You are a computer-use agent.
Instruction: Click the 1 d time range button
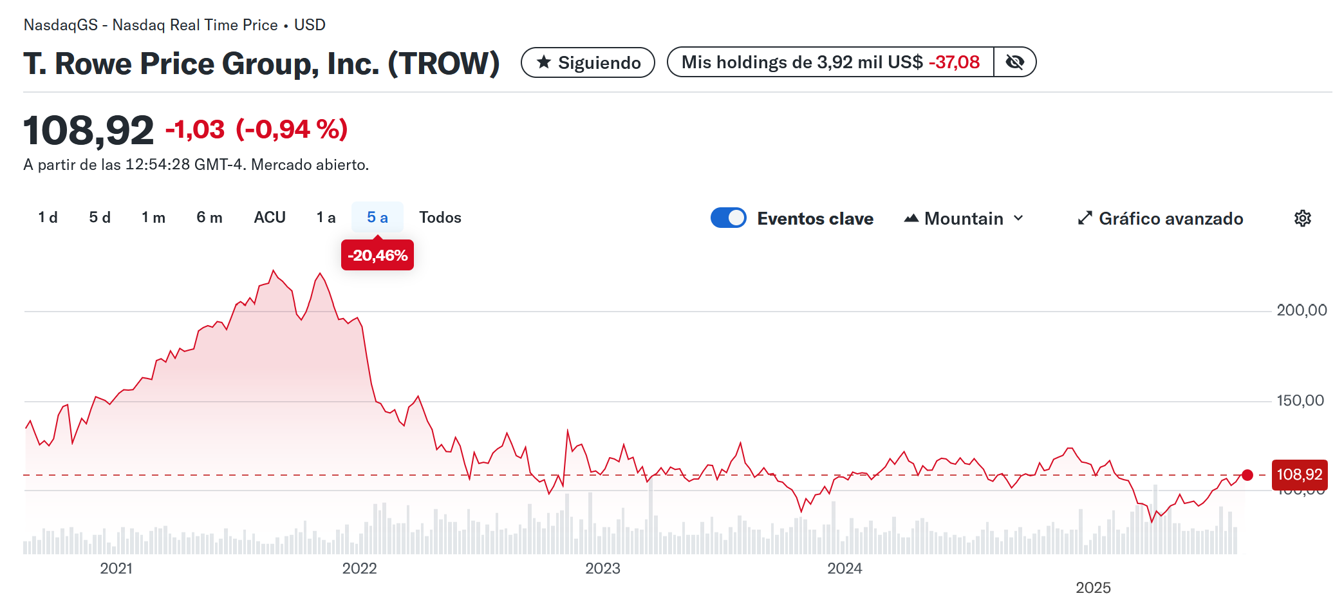coord(48,218)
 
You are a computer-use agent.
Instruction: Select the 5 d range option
coord(100,218)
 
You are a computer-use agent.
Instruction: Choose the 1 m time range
coord(153,218)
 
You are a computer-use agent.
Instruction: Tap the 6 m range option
coord(209,218)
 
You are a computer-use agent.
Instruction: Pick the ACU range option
coord(270,218)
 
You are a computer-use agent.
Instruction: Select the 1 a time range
coord(326,218)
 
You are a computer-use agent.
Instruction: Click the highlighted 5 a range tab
coord(377,218)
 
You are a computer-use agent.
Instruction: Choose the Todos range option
coord(440,218)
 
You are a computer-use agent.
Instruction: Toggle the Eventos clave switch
coord(728,218)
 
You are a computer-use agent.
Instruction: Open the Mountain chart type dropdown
coord(964,219)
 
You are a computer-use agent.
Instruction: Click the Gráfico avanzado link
coord(1161,219)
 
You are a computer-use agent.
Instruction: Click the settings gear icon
coord(1302,219)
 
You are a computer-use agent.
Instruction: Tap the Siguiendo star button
coord(588,62)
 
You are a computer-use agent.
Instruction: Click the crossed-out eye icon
coord(1014,62)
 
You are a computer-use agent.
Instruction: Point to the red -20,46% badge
coord(377,256)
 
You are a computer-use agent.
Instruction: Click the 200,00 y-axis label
coord(1302,310)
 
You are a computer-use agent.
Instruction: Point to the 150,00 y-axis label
coord(1300,400)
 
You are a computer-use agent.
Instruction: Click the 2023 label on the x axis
coord(602,568)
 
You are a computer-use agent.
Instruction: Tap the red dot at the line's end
coord(1247,475)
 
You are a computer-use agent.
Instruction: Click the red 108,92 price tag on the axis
coord(1299,475)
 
